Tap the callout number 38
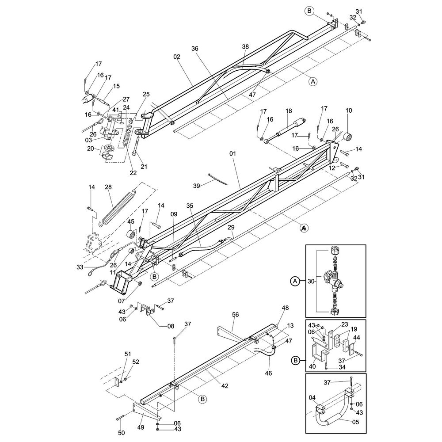pos(245,46)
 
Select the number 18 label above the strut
pos(289,111)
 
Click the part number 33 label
pos(80,267)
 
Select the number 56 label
pos(235,314)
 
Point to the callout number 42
pos(225,386)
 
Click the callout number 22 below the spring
pos(133,172)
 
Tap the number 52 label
pos(136,362)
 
